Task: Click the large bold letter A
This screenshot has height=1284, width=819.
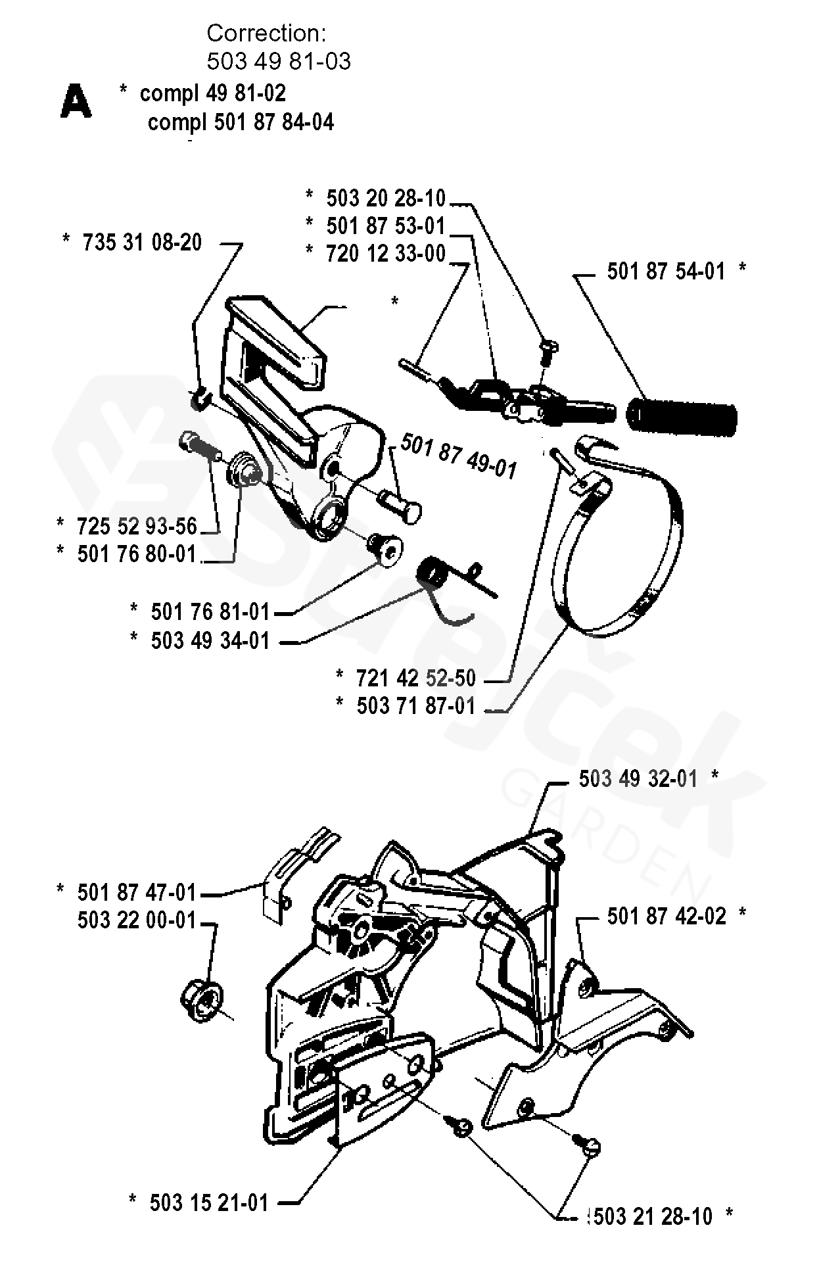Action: point(76,103)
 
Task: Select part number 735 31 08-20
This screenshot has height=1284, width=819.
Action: point(142,243)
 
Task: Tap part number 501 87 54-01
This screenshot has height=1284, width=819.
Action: point(666,271)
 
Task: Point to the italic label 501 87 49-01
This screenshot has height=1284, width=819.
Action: point(458,456)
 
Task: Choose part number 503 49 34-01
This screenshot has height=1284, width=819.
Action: point(210,640)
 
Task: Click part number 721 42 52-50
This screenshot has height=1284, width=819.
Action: point(415,678)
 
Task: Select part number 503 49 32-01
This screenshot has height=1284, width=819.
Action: point(638,779)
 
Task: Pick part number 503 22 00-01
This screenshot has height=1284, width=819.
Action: point(137,920)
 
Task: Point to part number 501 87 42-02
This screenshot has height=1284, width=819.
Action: point(667,916)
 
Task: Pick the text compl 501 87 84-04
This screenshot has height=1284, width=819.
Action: point(241,122)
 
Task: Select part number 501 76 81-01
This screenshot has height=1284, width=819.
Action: point(210,612)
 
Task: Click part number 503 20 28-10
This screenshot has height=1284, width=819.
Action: point(386,198)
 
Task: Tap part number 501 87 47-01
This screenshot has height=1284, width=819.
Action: point(137,892)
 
